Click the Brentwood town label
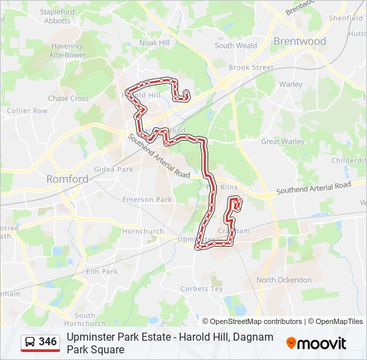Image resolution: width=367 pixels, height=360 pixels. [300, 41]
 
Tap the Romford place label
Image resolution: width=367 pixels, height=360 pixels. [67, 179]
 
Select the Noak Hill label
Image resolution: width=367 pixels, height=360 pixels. [155, 42]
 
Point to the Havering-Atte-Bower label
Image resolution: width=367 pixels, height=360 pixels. [67, 51]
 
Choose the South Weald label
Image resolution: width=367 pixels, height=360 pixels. [236, 46]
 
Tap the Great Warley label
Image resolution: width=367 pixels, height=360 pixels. [282, 141]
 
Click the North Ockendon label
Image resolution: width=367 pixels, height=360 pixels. [284, 280]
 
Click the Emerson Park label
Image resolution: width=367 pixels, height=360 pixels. [147, 199]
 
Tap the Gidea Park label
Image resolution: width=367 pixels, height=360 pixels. [113, 169]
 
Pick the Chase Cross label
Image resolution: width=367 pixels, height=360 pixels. [68, 99]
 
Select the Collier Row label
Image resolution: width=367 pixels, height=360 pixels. [27, 111]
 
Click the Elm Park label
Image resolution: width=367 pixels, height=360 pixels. [101, 271]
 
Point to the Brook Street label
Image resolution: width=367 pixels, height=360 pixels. [251, 67]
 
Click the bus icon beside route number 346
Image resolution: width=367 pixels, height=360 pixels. [30, 342]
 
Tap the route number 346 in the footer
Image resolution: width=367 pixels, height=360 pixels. [48, 342]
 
